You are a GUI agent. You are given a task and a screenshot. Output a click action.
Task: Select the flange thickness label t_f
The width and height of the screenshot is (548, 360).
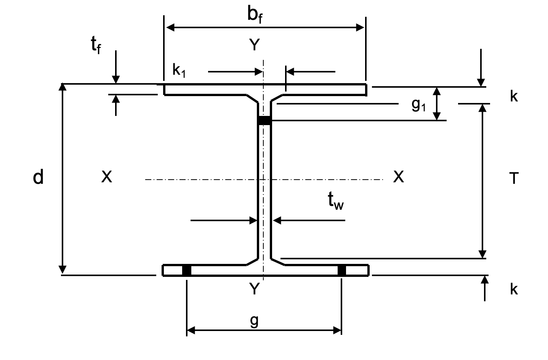pos(96,46)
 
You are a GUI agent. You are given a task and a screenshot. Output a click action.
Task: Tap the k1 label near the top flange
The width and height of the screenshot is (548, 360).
pos(179,71)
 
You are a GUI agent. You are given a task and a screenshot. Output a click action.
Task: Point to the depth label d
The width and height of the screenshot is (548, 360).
pos(38,177)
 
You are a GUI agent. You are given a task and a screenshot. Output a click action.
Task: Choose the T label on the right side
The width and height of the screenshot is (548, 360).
pos(514,178)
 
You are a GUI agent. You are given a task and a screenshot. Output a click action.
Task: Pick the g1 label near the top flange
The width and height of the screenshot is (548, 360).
pos(418,104)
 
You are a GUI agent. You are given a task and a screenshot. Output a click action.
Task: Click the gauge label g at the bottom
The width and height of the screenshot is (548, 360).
pos(254,321)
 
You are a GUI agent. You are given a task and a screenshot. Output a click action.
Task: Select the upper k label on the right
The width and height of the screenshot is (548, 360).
pos(514,96)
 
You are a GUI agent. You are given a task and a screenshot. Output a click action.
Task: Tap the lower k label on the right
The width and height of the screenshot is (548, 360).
pos(514,289)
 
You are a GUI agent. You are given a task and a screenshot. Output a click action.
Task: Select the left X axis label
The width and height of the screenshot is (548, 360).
pos(107,177)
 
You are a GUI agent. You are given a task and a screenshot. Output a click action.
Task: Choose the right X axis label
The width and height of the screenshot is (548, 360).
pos(398,177)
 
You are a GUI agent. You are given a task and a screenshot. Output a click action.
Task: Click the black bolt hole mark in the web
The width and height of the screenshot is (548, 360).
pos(264,120)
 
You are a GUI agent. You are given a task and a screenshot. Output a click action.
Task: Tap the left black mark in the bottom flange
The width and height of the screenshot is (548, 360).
pos(186,270)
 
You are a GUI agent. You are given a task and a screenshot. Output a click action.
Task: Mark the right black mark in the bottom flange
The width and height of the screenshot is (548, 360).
pos(342,270)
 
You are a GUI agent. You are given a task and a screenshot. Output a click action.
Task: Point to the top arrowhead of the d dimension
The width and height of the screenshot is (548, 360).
pos(63,87)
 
